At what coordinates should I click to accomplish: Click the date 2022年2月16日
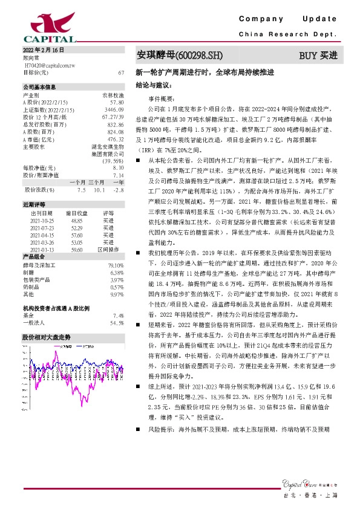42,49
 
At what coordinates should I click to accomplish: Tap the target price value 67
122,73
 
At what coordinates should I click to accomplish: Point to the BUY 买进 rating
318,55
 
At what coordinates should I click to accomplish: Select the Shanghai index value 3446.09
114,109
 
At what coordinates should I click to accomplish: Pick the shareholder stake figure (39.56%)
113,161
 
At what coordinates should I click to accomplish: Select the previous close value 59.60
77,250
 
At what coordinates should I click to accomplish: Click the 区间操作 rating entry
108,250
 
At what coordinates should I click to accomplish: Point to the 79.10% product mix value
116,265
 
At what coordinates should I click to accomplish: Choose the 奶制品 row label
31,287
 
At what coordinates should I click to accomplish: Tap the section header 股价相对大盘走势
47,337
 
